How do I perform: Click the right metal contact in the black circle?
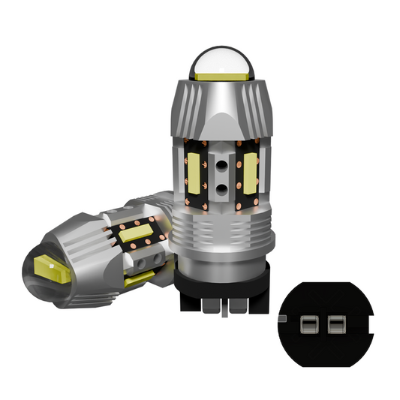(334, 326)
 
